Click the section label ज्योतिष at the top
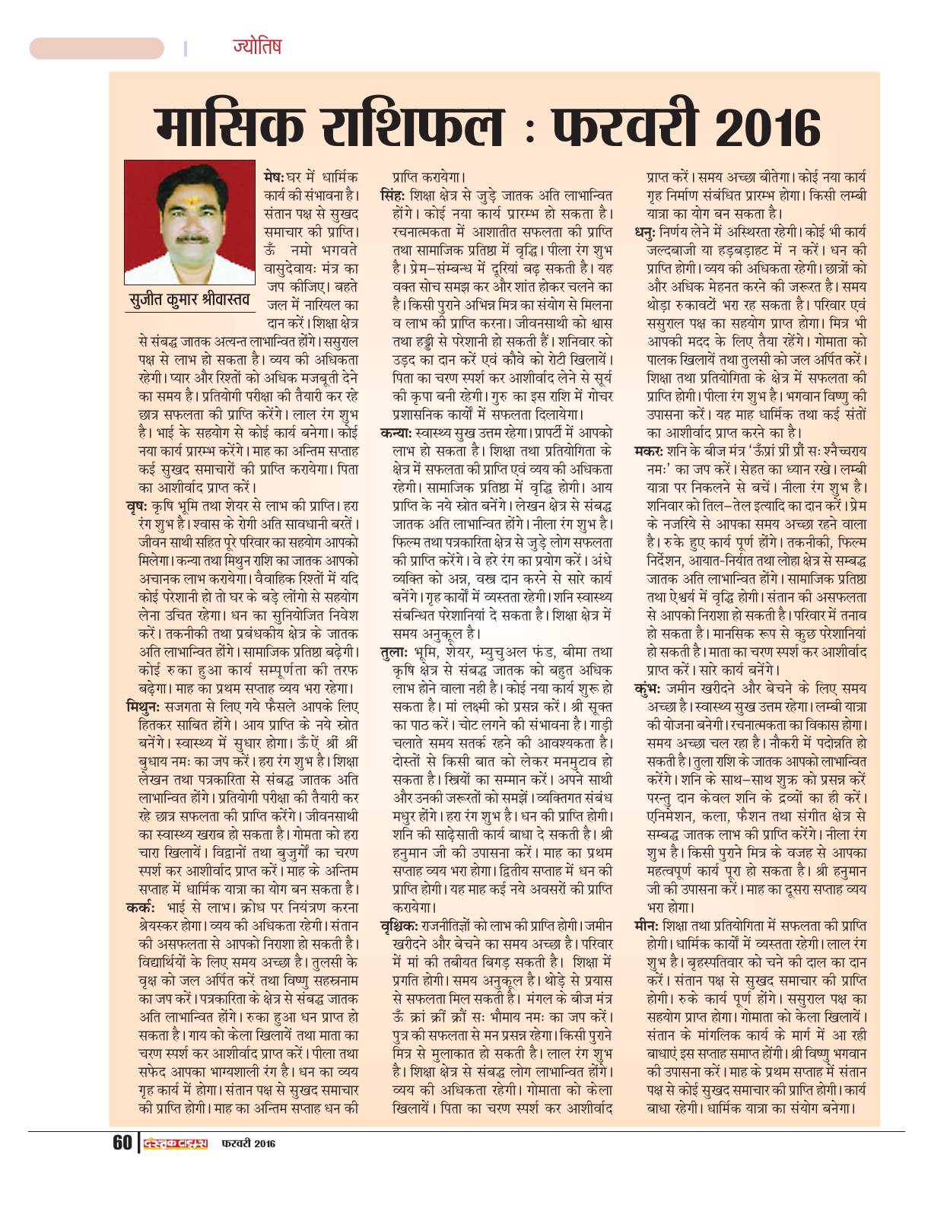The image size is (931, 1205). [257, 46]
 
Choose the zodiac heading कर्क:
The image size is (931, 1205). [141, 908]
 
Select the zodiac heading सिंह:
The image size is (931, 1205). [393, 195]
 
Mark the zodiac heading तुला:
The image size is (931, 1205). [394, 652]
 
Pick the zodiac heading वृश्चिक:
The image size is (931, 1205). [399, 925]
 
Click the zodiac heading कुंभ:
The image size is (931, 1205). [649, 688]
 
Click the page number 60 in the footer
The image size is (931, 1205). [122, 1143]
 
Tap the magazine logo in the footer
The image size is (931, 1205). [176, 1143]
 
